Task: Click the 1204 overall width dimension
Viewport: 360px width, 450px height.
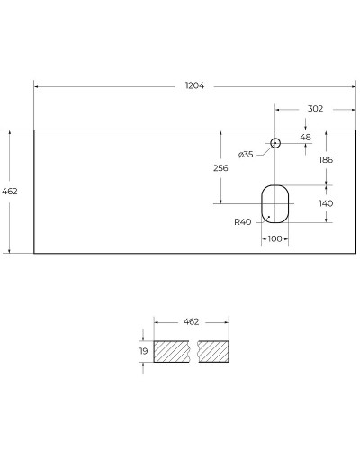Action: (x=195, y=85)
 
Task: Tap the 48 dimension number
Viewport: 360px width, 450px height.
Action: (x=305, y=137)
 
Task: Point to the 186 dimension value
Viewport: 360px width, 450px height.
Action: (x=326, y=158)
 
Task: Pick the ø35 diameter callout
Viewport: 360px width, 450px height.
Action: (x=246, y=154)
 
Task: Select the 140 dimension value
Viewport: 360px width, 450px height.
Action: (x=326, y=203)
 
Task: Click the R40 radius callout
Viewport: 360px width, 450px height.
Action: (x=242, y=222)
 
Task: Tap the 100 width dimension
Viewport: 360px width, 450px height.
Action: (x=275, y=238)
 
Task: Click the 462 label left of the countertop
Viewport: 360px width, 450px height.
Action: (x=11, y=192)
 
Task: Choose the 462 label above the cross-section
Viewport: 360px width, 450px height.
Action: (x=191, y=321)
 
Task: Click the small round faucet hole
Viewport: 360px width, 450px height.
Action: (x=275, y=142)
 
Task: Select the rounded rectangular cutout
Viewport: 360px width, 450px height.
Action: (x=275, y=203)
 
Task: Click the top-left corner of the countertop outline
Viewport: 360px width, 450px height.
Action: (x=34, y=130)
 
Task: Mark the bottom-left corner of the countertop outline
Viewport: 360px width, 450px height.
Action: (x=34, y=254)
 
